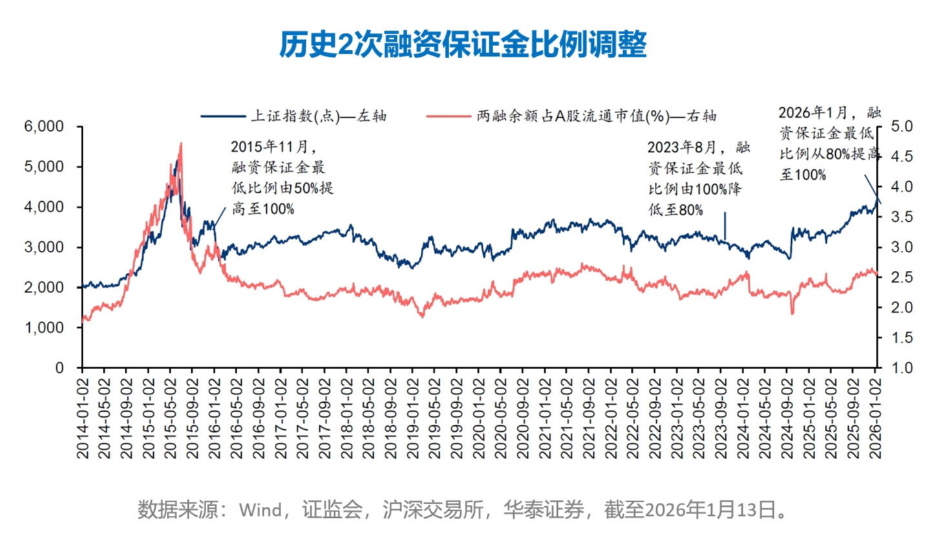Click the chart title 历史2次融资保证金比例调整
(x=463, y=45)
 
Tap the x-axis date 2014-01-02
(x=83, y=418)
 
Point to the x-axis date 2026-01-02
(x=875, y=418)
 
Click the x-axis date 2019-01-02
(x=413, y=418)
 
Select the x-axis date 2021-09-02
(x=589, y=418)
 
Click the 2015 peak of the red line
(x=180, y=144)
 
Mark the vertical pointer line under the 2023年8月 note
(x=725, y=226)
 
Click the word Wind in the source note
(x=261, y=510)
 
